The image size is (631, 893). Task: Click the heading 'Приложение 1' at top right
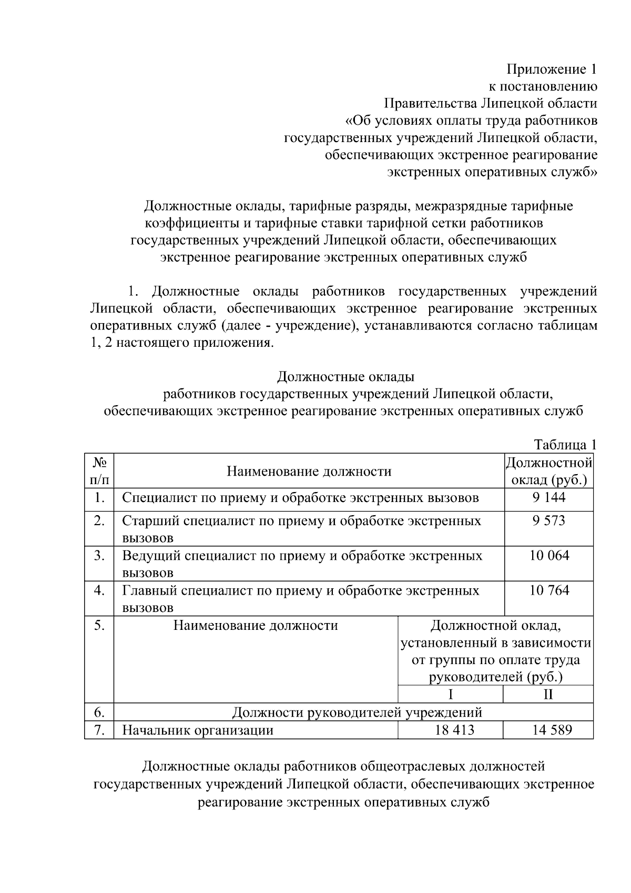pos(552,69)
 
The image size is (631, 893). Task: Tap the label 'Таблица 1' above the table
pos(565,445)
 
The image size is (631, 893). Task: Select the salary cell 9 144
pos(548,497)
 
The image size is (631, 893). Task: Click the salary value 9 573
pos(548,521)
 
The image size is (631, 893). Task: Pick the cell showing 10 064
pos(548,556)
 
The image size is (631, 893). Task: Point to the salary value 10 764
pos(548,590)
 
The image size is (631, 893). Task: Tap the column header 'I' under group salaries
pos(451,695)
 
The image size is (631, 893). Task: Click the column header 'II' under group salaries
pos(548,695)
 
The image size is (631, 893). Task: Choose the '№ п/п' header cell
pos(99,471)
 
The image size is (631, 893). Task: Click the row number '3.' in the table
pos(99,556)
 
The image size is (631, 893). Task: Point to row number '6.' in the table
pos(99,713)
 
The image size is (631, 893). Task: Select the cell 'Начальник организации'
pos(198,730)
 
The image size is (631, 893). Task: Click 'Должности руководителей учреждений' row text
pos(357,713)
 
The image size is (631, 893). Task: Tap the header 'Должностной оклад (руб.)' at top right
pos(548,471)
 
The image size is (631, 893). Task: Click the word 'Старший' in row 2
pos(151,521)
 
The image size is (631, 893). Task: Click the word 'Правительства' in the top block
pos(429,103)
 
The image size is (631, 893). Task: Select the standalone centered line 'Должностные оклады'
pos(345,377)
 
